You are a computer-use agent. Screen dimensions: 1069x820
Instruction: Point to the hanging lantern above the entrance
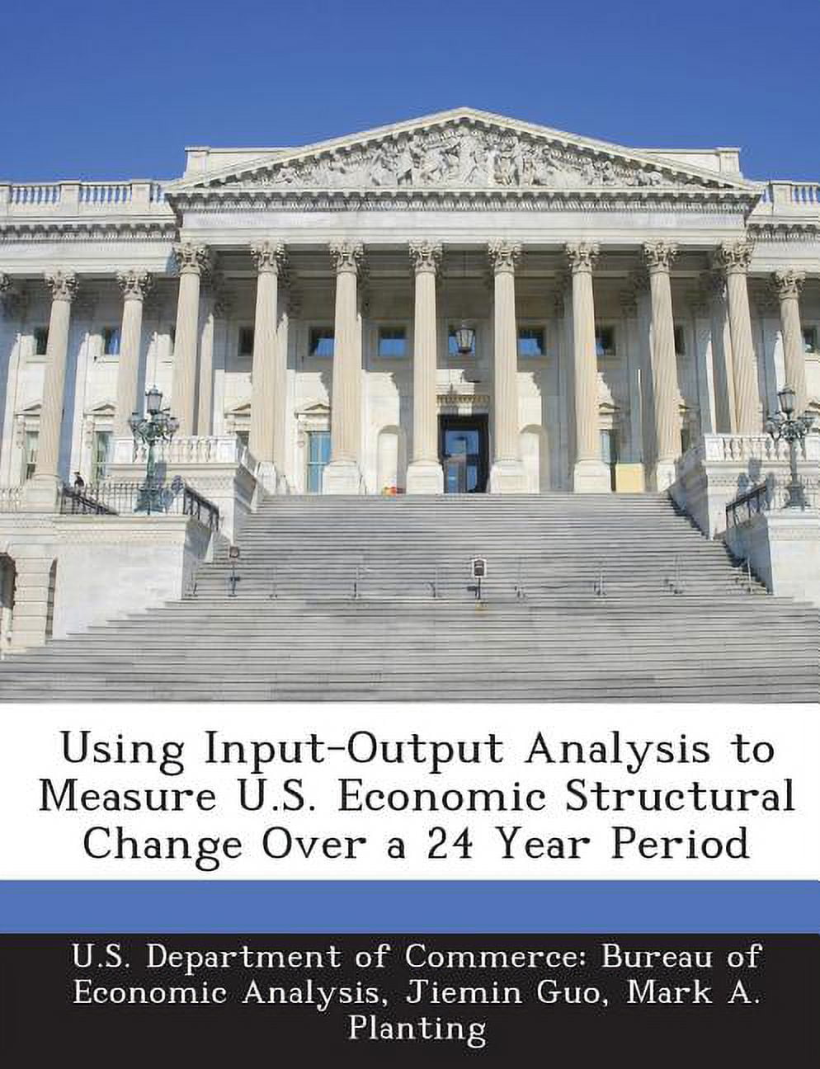(465, 337)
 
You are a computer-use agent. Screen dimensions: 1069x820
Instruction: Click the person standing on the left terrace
(78, 483)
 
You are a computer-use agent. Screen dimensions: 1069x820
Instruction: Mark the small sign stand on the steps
(478, 571)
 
